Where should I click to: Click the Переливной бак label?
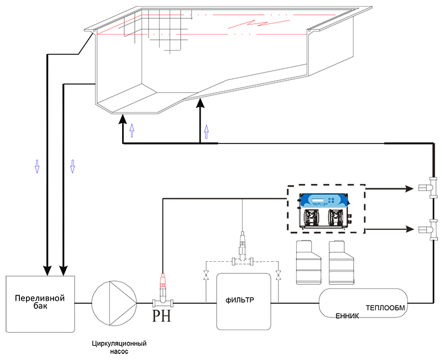(40, 301)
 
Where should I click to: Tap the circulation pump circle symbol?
(114, 303)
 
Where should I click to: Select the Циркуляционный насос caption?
(119, 348)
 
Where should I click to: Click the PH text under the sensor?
(161, 316)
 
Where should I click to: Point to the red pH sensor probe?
(162, 280)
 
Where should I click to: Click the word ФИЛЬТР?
(240, 300)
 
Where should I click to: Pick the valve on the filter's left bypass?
(206, 275)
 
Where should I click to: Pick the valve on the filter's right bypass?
(278, 275)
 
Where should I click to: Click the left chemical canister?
(308, 262)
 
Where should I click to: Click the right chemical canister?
(341, 262)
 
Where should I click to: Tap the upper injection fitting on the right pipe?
(428, 188)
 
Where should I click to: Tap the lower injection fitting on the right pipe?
(428, 230)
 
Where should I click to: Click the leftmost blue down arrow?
(37, 166)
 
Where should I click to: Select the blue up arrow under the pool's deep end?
(131, 130)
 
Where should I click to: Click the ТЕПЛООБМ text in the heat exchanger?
(385, 308)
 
